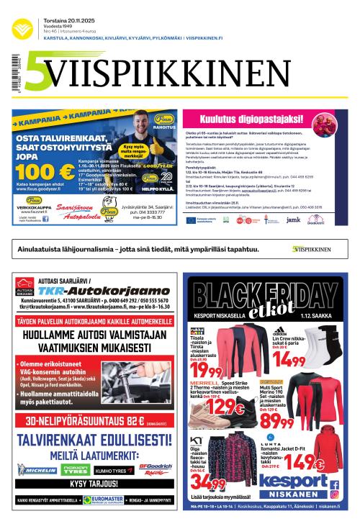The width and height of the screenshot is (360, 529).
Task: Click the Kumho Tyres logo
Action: [114, 470]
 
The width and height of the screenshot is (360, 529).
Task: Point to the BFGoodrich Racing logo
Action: [154, 469]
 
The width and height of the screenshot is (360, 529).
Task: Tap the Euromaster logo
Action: [103, 499]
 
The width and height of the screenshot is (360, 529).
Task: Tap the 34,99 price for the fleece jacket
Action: [209, 482]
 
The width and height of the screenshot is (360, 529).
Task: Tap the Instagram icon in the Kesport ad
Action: [335, 494]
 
